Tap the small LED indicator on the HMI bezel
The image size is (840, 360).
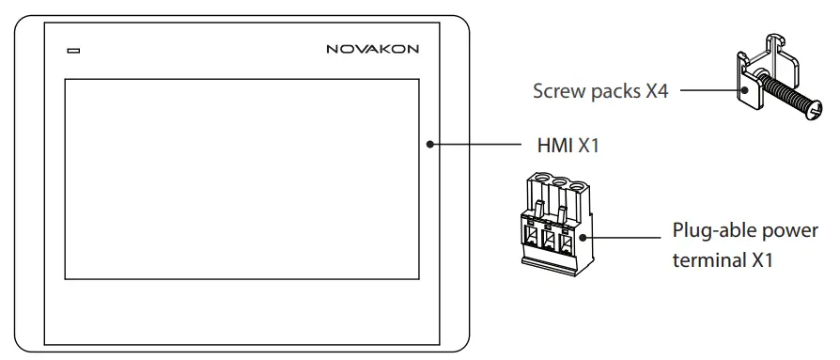(72, 48)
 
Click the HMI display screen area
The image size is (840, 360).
(239, 179)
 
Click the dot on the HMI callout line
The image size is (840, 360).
(429, 144)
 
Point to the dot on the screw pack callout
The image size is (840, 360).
(741, 92)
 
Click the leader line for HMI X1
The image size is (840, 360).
(479, 144)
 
